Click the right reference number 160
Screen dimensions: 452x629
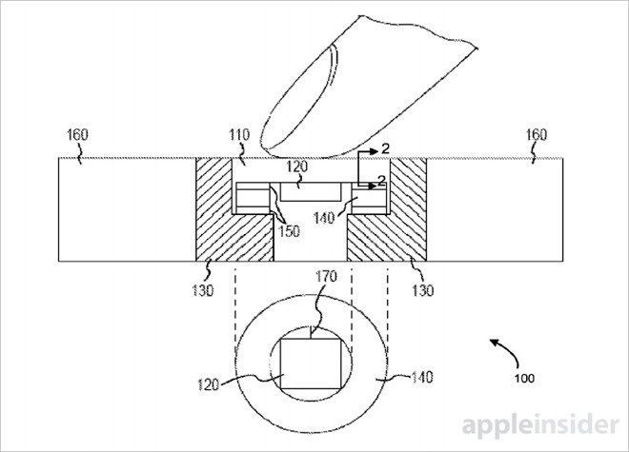pos(537,136)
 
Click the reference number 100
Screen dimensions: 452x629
pos(525,376)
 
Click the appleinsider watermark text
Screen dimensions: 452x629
pos(543,425)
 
